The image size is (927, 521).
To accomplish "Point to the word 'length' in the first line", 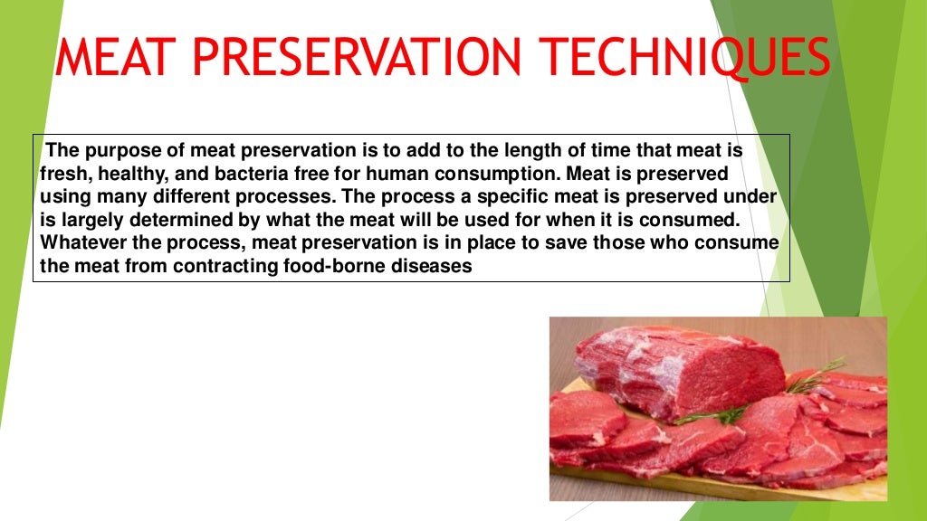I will (468, 150).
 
